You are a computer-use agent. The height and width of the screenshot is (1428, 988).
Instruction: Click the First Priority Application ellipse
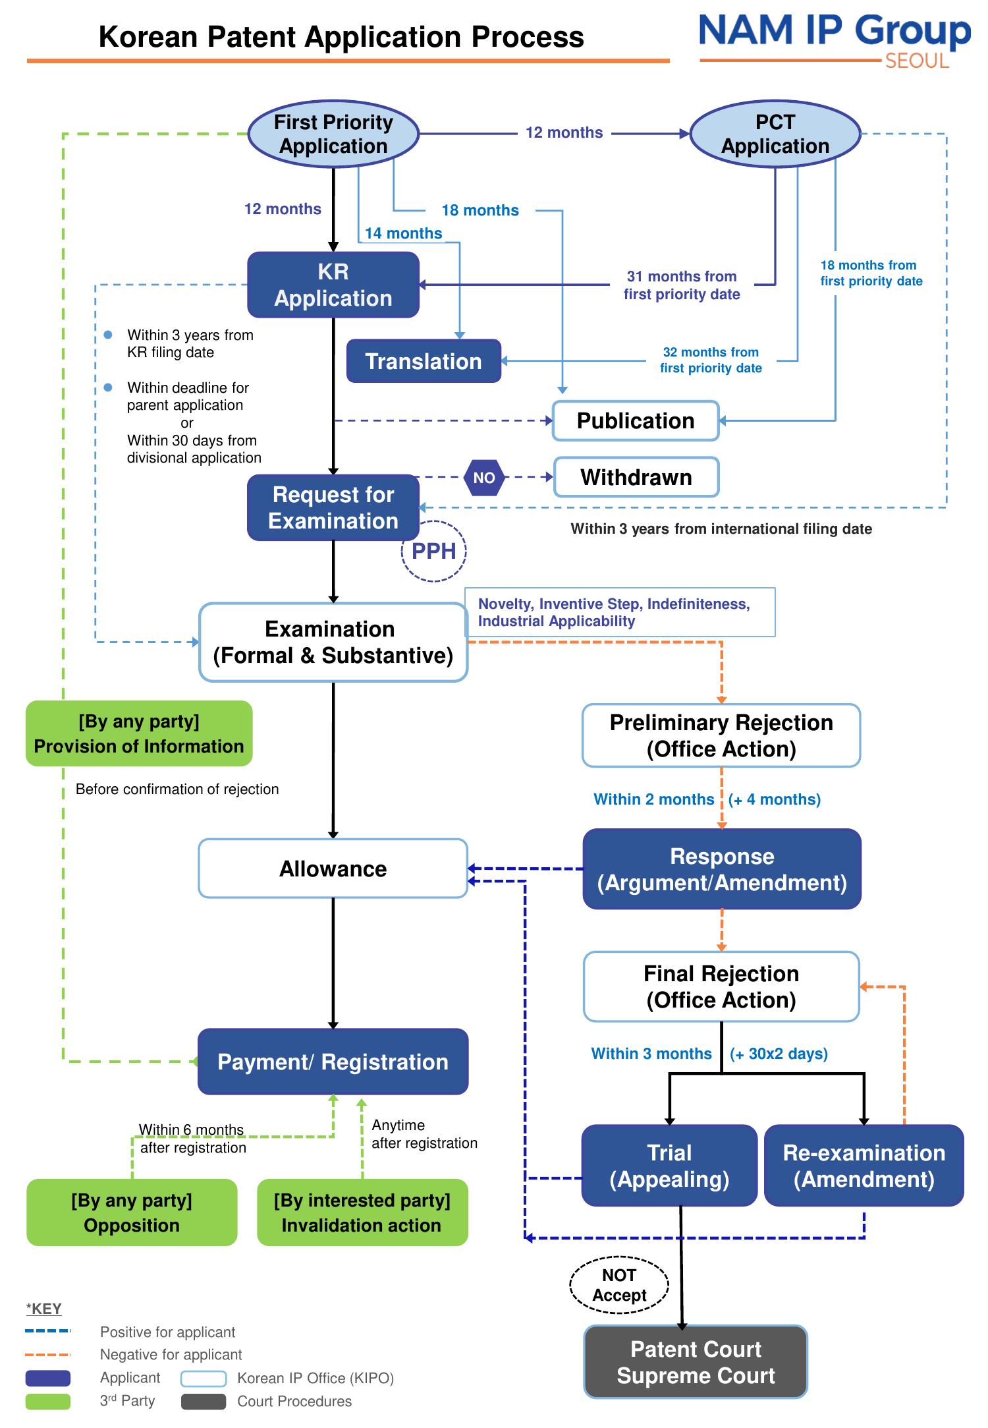[x=333, y=134]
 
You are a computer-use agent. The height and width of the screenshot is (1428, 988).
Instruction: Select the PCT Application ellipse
[x=775, y=134]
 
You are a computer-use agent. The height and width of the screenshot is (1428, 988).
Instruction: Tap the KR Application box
[x=333, y=285]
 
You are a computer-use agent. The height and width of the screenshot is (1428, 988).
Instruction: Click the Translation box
[x=424, y=361]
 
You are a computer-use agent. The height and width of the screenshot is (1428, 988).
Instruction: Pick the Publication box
[x=636, y=420]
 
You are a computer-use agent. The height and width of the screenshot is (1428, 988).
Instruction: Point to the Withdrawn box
[x=636, y=477]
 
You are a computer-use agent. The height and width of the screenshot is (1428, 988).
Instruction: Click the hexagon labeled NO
[x=484, y=478]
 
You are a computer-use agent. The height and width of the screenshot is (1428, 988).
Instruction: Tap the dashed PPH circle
[x=434, y=552]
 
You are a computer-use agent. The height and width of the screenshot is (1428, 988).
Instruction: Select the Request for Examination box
[x=333, y=507]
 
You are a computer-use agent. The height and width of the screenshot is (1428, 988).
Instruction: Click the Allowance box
[x=333, y=869]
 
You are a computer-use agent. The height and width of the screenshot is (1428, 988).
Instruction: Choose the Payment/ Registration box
[x=333, y=1062]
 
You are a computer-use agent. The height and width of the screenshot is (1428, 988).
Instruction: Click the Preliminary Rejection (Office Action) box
[x=721, y=735]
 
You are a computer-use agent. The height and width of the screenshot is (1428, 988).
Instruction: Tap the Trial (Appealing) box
[x=669, y=1166]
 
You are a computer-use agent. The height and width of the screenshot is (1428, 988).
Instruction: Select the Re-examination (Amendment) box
[x=864, y=1166]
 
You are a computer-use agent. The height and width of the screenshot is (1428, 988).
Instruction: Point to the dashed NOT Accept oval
[x=619, y=1285]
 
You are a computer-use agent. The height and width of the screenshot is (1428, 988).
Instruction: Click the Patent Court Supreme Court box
[x=696, y=1362]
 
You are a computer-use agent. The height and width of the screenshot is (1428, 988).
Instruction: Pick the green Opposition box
[x=132, y=1213]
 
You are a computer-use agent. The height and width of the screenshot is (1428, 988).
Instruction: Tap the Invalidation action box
[x=362, y=1213]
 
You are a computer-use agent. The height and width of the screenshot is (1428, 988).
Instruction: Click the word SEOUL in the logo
[x=917, y=61]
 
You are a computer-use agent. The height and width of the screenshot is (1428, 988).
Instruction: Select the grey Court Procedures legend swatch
[x=204, y=1401]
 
